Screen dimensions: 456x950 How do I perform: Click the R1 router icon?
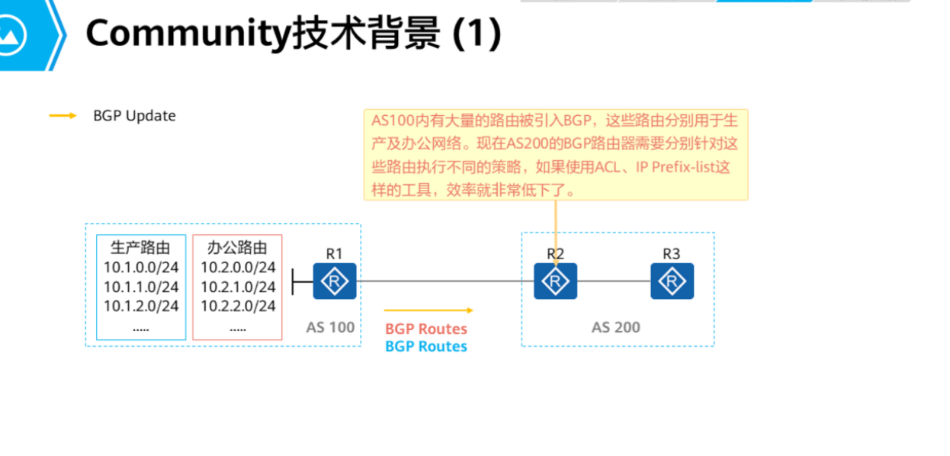(335, 281)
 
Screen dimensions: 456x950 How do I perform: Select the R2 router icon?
(555, 281)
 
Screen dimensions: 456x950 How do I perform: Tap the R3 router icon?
(672, 281)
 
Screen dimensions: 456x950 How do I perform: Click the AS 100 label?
(330, 327)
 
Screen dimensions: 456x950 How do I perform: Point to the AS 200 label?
(616, 327)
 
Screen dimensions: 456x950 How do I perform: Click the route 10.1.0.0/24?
(141, 267)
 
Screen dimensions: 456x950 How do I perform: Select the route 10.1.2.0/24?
(141, 306)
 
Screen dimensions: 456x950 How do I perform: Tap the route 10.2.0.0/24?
(238, 267)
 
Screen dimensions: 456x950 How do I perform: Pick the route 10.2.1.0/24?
(238, 287)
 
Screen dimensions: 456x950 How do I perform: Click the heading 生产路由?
(140, 248)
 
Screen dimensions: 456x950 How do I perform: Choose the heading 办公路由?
(238, 248)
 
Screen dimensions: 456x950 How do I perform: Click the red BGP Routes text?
(425, 329)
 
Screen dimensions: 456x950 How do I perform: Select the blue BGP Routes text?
(425, 346)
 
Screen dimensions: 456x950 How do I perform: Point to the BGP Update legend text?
(134, 116)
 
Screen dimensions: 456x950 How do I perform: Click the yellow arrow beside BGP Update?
(63, 116)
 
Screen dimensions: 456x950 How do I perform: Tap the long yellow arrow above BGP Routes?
(428, 310)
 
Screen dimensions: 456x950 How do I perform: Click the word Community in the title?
(188, 34)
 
